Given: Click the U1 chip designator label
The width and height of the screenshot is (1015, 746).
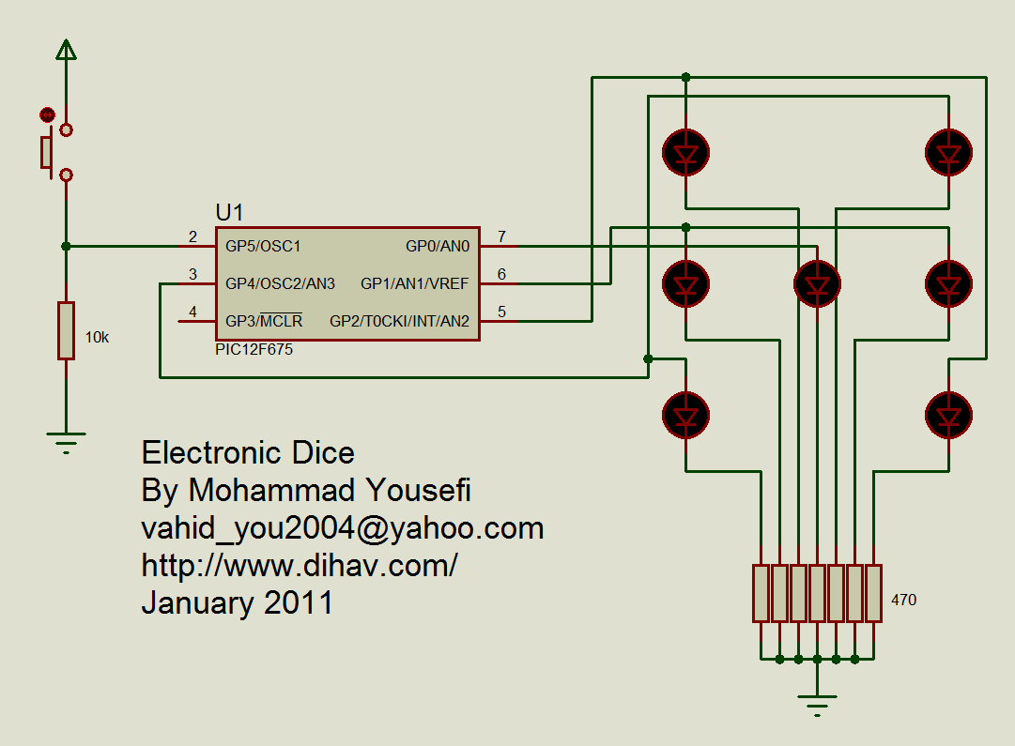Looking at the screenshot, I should coord(230,212).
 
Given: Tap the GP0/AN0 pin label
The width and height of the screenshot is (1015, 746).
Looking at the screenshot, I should coord(437,247).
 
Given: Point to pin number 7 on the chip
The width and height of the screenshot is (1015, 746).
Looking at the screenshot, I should coord(502,236).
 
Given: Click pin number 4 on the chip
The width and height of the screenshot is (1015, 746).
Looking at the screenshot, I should coord(192,312).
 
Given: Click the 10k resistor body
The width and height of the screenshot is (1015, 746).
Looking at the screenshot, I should coord(66,330).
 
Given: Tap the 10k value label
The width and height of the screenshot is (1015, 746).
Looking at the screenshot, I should coord(97,338).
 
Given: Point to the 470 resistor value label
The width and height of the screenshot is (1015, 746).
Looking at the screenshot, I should coord(903,600).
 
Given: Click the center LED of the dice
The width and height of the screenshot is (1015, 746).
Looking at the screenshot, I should coord(817,282).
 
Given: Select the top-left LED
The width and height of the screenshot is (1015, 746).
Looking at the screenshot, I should coord(685,151).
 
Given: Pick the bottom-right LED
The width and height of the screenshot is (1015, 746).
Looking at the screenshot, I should coord(948,414).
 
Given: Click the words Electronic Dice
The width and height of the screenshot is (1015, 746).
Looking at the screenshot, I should coord(248,453).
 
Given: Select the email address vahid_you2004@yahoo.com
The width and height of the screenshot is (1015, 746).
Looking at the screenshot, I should coord(343,528).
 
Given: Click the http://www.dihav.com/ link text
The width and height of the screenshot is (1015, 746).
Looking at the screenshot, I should coord(300,566).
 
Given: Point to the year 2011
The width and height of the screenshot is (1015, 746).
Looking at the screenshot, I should coord(299,602).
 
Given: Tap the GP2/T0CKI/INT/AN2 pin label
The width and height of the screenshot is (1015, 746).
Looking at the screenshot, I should coord(399,321).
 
